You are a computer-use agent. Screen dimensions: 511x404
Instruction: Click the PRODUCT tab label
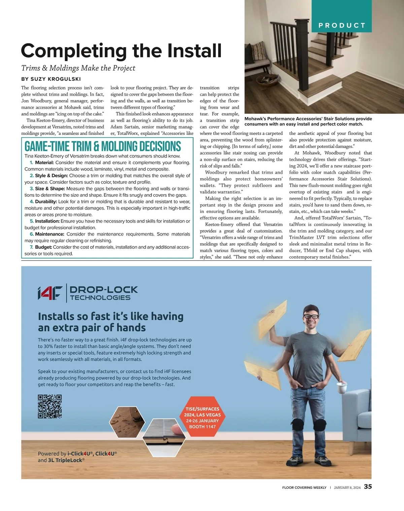coord(342,25)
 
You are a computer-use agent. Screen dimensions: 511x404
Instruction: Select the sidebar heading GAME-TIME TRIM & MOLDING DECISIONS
coord(103,146)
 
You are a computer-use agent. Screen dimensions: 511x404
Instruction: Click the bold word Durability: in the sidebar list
coord(46,202)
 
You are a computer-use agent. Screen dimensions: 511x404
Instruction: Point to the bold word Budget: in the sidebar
coord(43,247)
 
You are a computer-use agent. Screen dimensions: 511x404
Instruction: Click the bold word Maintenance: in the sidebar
coord(49,234)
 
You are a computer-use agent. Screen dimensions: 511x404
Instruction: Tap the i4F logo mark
coord(50,293)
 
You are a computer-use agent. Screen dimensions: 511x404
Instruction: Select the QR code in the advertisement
coord(50,406)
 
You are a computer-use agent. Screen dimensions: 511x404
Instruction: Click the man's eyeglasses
coord(311,317)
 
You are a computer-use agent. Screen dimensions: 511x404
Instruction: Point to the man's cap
coord(310,309)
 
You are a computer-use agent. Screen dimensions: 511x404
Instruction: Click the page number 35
coord(368,487)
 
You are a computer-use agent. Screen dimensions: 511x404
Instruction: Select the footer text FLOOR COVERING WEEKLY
coord(304,487)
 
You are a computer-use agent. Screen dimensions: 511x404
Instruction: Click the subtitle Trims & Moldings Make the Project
coord(78,68)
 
